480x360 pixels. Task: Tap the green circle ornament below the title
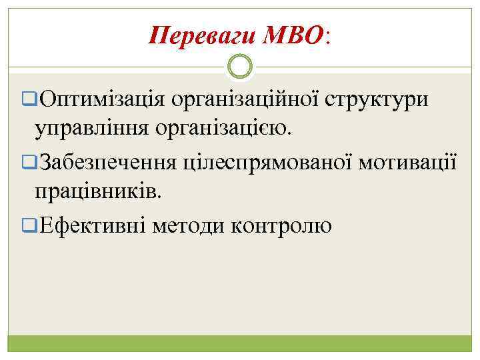240,66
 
